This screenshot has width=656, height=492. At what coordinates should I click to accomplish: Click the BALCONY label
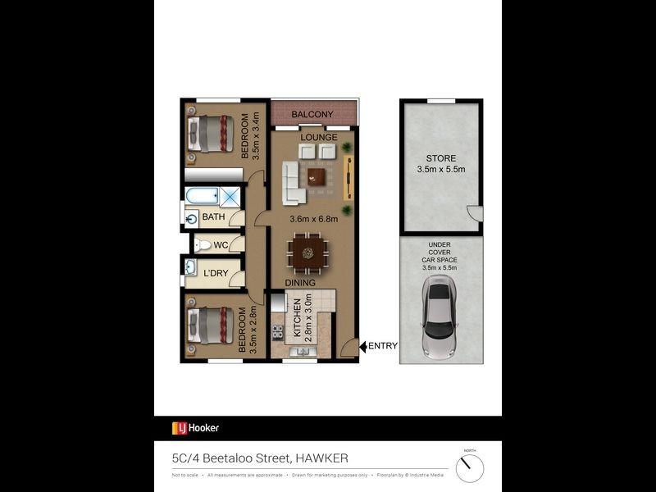(x=312, y=114)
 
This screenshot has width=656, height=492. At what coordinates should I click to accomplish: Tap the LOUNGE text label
(x=319, y=137)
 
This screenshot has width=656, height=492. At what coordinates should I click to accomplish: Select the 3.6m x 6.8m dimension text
(x=315, y=220)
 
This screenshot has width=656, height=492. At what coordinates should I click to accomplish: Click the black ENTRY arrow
(x=362, y=346)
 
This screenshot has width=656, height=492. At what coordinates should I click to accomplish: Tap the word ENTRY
(x=382, y=346)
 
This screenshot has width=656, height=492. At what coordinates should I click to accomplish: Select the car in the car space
(x=440, y=317)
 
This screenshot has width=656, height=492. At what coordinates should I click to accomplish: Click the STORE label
(x=440, y=158)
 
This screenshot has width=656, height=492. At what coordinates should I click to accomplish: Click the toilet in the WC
(x=202, y=244)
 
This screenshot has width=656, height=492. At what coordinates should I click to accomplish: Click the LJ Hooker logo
(x=195, y=427)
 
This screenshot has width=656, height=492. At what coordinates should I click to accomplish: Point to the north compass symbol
(x=470, y=468)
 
